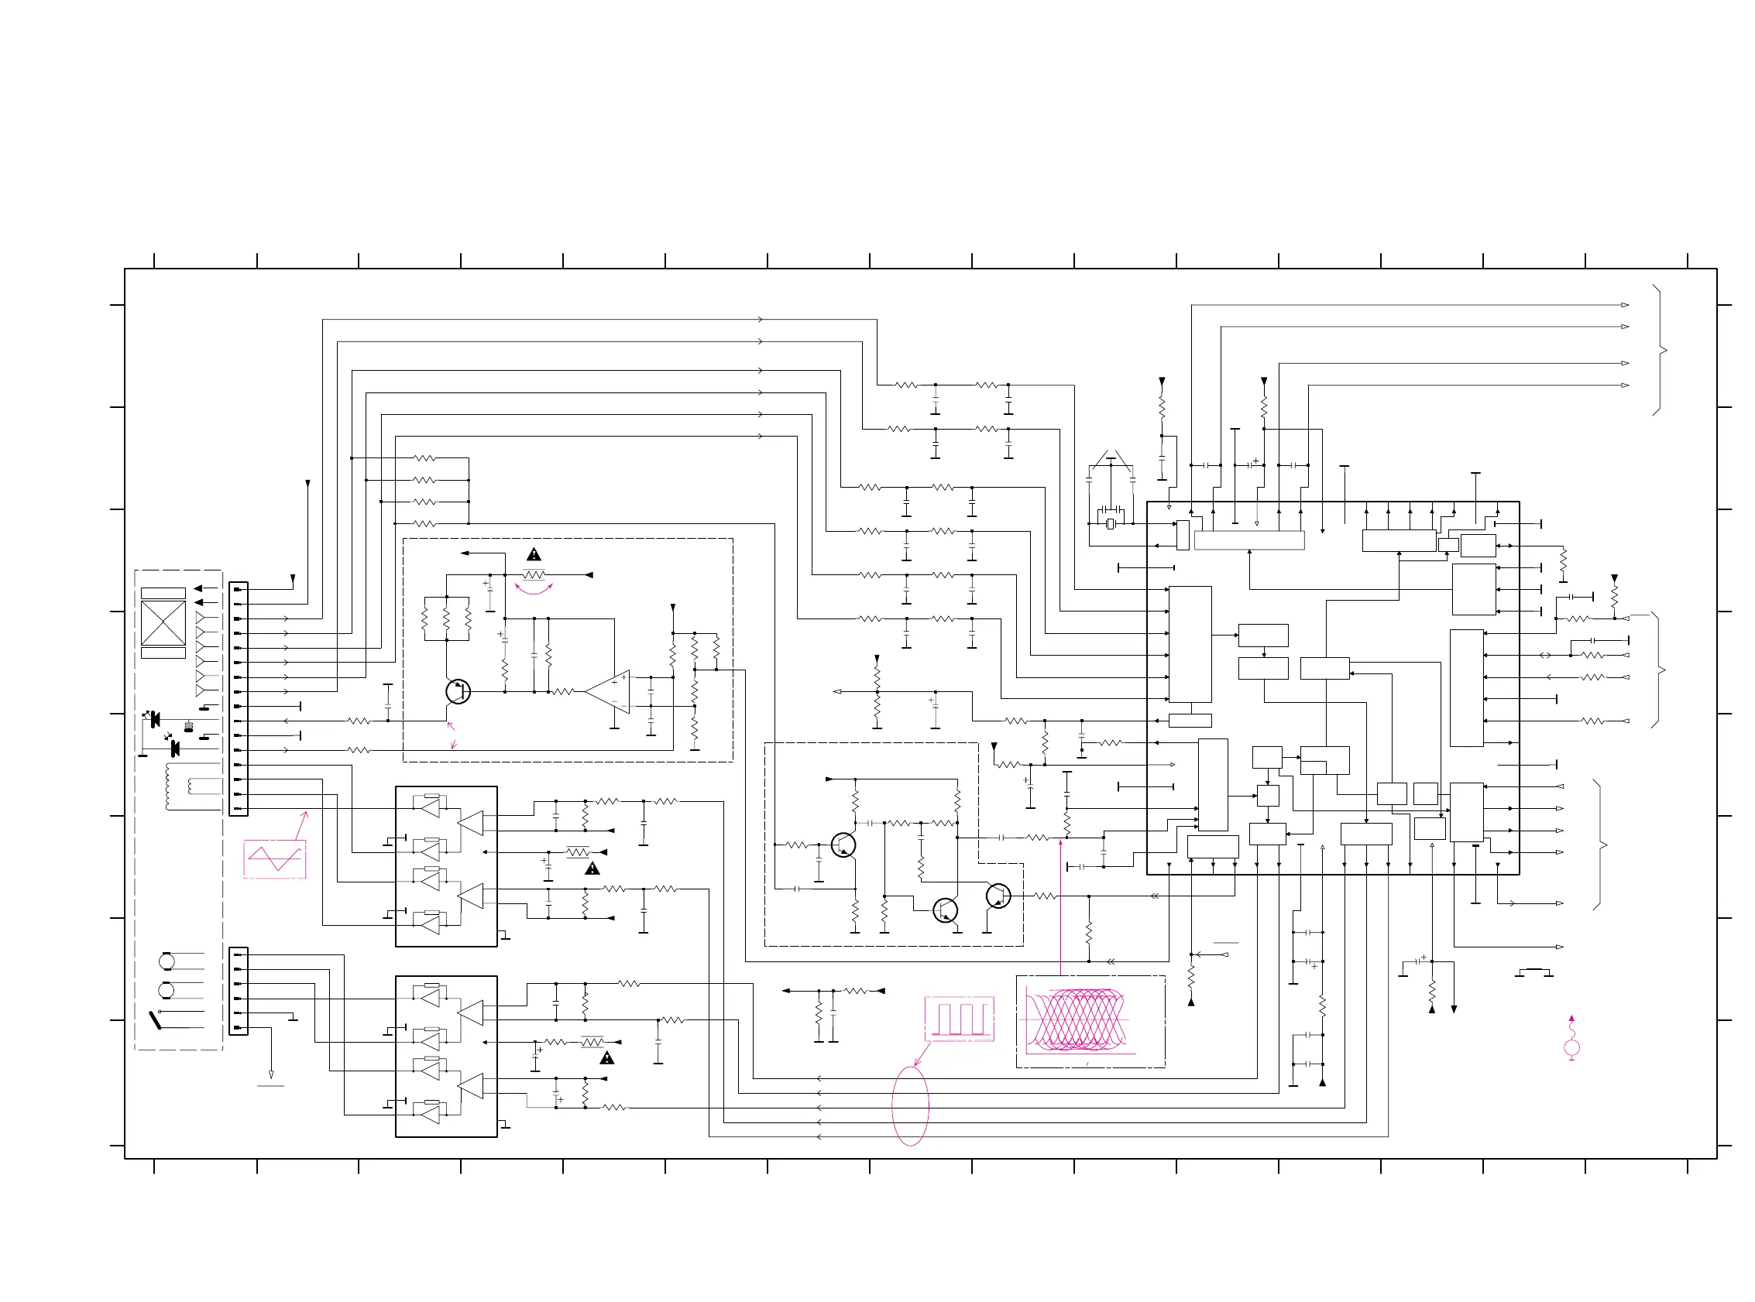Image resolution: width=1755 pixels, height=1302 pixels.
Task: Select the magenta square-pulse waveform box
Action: [959, 1019]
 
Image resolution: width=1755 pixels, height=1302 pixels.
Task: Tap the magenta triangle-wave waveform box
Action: [274, 858]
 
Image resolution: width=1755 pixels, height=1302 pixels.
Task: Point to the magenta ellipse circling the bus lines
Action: [910, 1105]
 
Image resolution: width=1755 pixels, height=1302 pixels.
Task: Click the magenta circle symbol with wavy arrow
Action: [1571, 1047]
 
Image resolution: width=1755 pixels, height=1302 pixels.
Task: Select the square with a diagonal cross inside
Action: [163, 622]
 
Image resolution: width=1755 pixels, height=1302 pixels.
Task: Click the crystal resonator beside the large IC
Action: [1110, 523]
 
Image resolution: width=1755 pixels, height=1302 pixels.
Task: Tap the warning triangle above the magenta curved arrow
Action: [534, 555]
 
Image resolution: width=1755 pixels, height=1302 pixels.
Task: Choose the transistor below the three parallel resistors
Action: [457, 692]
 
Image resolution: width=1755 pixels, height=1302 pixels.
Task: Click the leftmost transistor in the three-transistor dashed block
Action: [843, 845]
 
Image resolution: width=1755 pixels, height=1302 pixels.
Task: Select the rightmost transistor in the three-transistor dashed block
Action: [998, 896]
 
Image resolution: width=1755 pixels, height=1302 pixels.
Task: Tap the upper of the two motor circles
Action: [167, 961]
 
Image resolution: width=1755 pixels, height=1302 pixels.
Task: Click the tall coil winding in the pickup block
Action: [168, 786]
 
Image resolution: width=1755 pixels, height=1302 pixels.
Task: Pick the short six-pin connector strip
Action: [238, 991]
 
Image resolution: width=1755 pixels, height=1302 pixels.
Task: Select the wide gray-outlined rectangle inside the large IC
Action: [1248, 540]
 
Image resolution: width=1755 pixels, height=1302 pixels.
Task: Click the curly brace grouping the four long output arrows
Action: [1660, 350]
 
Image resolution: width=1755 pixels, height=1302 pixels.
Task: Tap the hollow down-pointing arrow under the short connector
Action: [271, 1074]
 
